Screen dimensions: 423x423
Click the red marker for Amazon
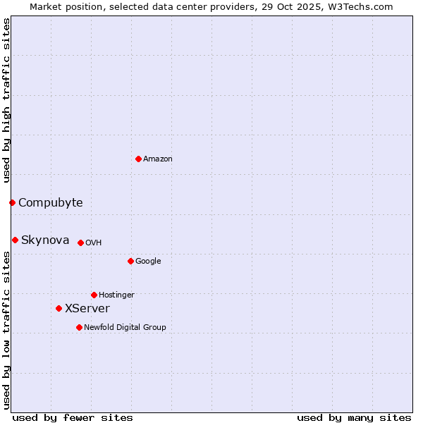pos(138,159)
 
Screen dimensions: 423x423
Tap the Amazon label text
pos(158,159)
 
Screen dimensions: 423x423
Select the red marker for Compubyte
pos(12,202)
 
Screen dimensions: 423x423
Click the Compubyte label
pos(50,203)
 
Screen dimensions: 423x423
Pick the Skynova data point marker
pos(15,240)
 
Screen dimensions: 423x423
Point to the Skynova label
pos(45,240)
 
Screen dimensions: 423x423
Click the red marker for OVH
pos(80,243)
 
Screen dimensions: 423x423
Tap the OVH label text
pos(94,243)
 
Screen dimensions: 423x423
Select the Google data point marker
pos(130,261)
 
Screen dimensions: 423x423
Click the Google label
pos(148,262)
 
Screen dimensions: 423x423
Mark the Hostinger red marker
pos(94,295)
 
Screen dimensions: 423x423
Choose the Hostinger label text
pos(116,295)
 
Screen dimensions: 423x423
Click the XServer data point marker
pos(59,308)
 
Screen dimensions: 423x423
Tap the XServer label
pos(87,309)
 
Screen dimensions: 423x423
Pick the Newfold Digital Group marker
pos(79,327)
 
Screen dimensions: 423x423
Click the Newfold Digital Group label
pos(125,328)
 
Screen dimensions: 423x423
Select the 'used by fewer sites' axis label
pos(73,417)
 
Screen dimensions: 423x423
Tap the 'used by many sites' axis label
pos(354,417)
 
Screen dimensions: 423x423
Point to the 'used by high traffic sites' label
pos(6,99)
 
